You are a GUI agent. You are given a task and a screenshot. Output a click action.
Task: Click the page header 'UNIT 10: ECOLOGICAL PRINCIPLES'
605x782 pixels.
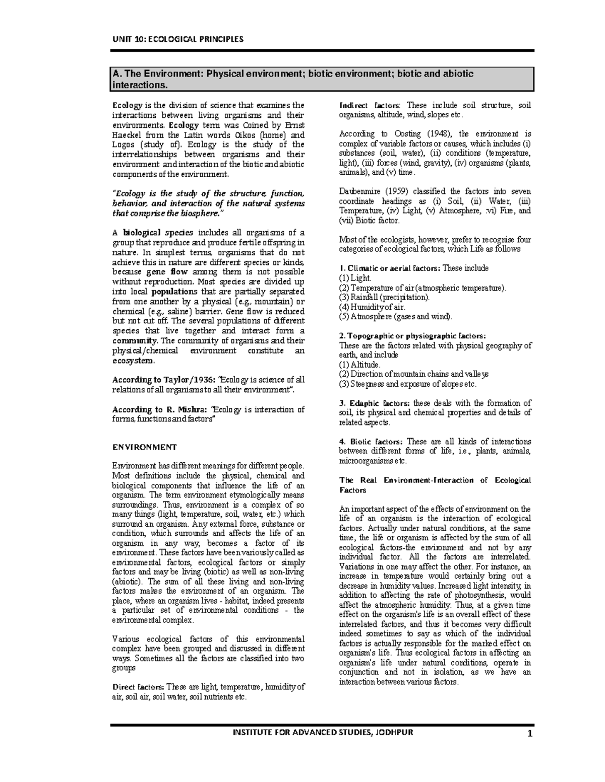click(x=177, y=39)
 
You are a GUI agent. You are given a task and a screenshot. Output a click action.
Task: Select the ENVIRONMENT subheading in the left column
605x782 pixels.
click(x=144, y=447)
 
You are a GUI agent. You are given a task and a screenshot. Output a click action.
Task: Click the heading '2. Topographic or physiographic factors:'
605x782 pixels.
click(x=413, y=336)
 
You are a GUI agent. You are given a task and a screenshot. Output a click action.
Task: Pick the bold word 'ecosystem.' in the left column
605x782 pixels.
click(x=134, y=361)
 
